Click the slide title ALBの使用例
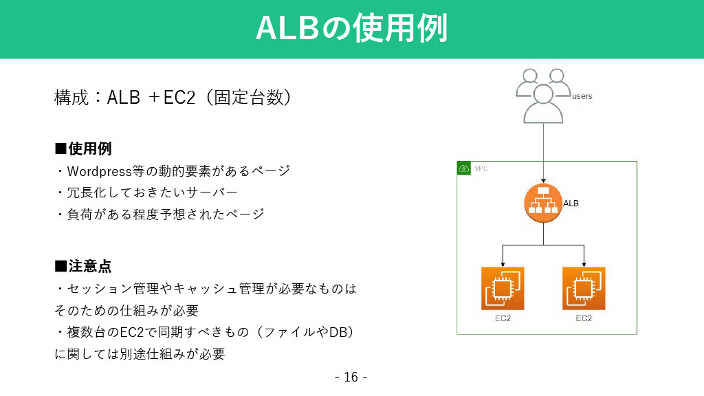click(351, 27)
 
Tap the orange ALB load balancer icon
click(543, 203)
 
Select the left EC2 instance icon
click(503, 288)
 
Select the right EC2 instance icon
click(584, 288)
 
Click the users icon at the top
click(543, 96)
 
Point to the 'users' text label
click(582, 96)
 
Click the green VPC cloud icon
click(464, 168)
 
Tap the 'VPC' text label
click(481, 169)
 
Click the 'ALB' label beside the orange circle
click(571, 203)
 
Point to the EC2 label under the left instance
click(503, 318)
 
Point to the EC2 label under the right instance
click(584, 318)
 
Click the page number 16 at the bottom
click(351, 377)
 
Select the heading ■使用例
click(83, 148)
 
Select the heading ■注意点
click(83, 266)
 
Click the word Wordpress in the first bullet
click(99, 171)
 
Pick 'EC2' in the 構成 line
click(179, 98)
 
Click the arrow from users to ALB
click(543, 153)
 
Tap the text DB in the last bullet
click(338, 332)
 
